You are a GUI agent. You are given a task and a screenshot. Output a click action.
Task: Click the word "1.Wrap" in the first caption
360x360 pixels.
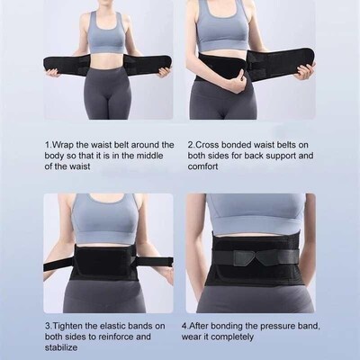(59, 143)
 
